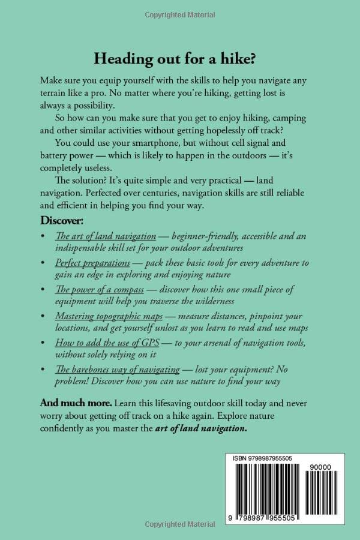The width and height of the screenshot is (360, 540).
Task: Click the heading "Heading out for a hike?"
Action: click(x=179, y=59)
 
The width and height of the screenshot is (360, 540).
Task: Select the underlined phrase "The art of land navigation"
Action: click(x=106, y=236)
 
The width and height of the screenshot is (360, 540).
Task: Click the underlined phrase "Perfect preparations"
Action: click(x=92, y=263)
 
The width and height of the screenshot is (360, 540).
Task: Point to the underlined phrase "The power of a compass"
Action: click(x=101, y=289)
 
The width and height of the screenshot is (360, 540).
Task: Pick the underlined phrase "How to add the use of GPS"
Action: click(x=103, y=342)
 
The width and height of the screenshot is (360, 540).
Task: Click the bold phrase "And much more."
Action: click(x=76, y=401)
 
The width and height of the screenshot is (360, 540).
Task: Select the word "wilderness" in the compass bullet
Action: click(x=209, y=301)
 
